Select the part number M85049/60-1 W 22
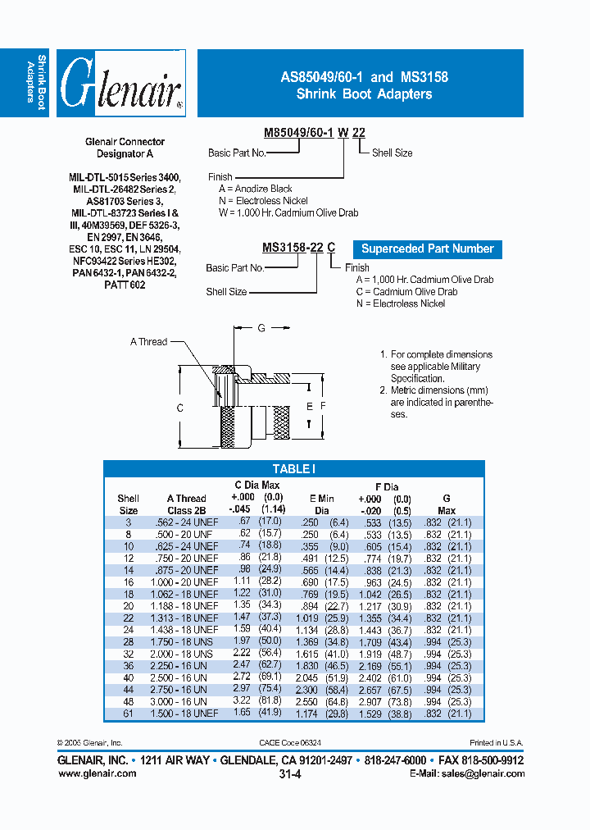314,134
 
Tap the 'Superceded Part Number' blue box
427,249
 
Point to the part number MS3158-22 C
298,249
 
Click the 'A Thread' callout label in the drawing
148,341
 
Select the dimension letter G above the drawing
261,328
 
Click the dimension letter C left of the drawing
179,408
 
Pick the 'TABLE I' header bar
293,469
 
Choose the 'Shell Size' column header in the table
129,504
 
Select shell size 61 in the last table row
129,714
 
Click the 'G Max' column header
447,504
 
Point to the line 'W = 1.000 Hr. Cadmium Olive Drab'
283,212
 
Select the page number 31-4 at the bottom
290,773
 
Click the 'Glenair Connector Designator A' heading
125,148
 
